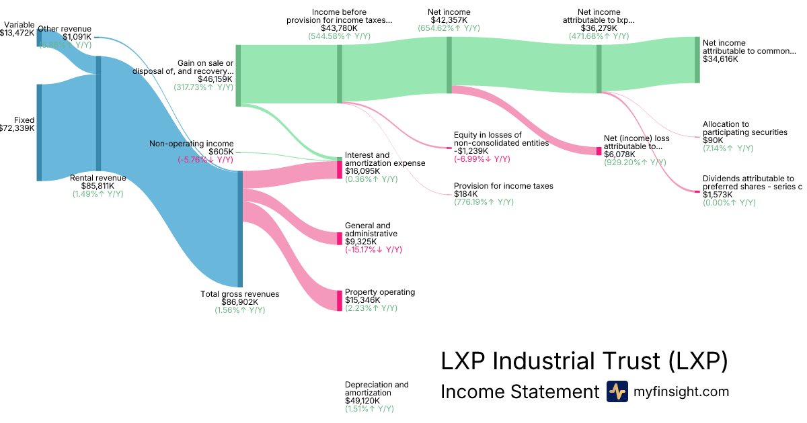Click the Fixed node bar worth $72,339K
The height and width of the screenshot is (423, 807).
click(39, 132)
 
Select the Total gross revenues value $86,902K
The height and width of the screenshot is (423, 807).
click(240, 302)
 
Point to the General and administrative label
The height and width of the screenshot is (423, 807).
click(371, 230)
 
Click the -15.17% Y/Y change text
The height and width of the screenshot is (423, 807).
click(373, 250)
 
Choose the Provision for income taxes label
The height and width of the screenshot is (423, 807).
click(504, 185)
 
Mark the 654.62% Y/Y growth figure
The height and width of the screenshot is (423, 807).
click(449, 28)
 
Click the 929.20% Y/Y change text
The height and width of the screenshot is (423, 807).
click(636, 162)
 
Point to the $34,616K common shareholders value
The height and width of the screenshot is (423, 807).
click(720, 59)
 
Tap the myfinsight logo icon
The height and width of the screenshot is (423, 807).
click(617, 391)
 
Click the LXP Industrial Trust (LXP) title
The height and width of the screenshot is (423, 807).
click(584, 361)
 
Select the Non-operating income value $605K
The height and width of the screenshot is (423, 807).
click(221, 152)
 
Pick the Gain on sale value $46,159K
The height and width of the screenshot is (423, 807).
click(215, 79)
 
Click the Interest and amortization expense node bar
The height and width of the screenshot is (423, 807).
click(340, 169)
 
